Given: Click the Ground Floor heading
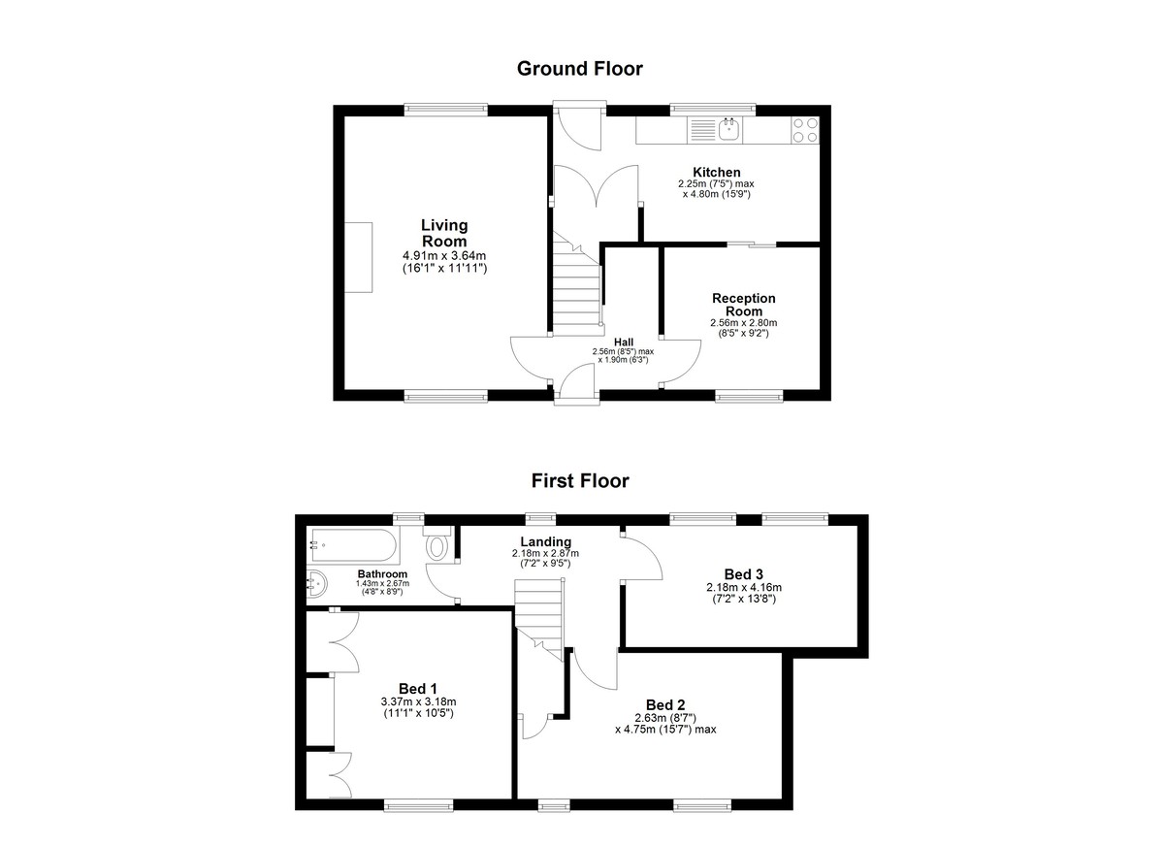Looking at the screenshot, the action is [x=579, y=69].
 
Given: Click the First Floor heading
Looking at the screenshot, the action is [x=580, y=480].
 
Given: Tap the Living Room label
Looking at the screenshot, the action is [x=444, y=233].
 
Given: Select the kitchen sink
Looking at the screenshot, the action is [x=730, y=129].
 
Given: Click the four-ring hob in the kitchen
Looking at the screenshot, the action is [x=805, y=129].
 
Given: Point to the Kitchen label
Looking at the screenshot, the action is [x=717, y=172].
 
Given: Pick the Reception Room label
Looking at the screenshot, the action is [x=744, y=305].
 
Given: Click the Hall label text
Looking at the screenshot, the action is [x=624, y=342].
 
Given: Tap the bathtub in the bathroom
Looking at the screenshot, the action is [x=353, y=545].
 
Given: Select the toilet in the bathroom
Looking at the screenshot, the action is [x=437, y=544].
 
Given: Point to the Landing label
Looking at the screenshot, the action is [x=545, y=542].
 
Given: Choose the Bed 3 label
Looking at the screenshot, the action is [x=744, y=574].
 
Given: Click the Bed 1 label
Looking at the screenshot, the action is [x=418, y=689].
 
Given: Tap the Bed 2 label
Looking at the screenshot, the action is [x=665, y=704].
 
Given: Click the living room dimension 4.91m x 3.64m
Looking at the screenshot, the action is [x=444, y=256].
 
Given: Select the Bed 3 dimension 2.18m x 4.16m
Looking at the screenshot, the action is [x=744, y=587].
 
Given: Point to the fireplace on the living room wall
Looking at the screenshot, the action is [x=359, y=258].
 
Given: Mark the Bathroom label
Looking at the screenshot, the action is [x=382, y=573].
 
